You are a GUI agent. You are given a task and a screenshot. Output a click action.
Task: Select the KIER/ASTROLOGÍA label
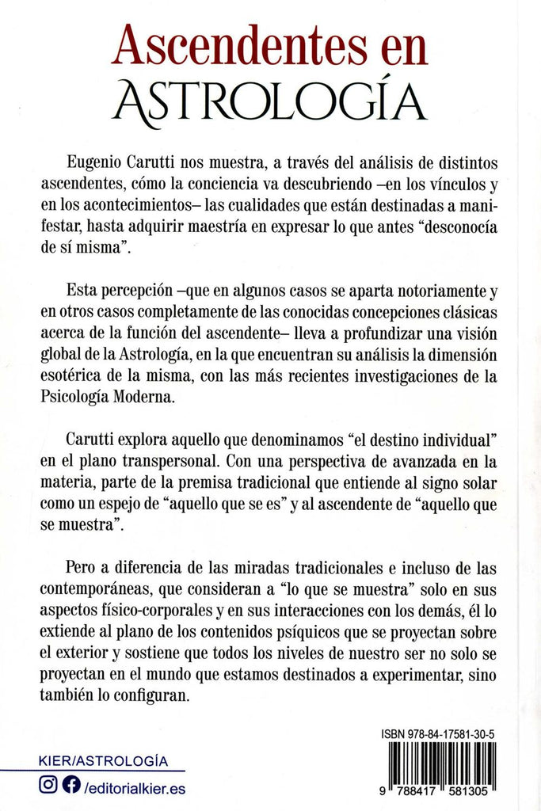coord(103,761)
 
